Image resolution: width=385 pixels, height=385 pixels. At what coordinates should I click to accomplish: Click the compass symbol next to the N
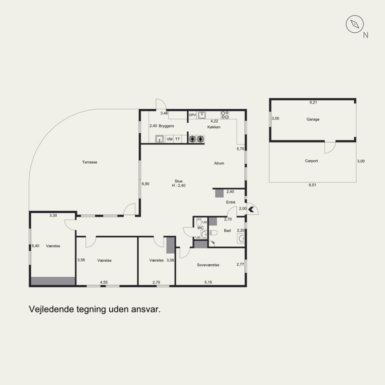pyautogui.click(x=355, y=24)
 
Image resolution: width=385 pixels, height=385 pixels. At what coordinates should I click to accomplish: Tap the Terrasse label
pyautogui.click(x=90, y=162)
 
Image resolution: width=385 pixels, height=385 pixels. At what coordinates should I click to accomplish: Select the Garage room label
pyautogui.click(x=313, y=119)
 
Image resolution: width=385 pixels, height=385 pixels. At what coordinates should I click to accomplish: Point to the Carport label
pyautogui.click(x=311, y=161)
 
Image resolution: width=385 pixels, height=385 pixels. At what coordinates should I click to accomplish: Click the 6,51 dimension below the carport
pyautogui.click(x=312, y=185)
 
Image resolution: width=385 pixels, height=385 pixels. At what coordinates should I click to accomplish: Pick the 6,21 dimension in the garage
pyautogui.click(x=313, y=103)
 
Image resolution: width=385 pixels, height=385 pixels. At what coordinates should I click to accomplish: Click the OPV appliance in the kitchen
pyautogui.click(x=192, y=115)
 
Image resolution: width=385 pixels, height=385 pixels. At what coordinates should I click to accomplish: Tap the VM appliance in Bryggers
pyautogui.click(x=169, y=139)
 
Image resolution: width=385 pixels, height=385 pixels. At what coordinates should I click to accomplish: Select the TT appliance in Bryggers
pyautogui.click(x=178, y=139)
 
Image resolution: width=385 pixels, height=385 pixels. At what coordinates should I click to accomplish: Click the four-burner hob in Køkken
pyautogui.click(x=225, y=115)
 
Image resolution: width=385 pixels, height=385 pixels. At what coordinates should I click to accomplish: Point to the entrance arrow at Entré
pyautogui.click(x=251, y=209)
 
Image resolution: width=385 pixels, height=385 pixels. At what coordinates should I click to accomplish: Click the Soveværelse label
pyautogui.click(x=208, y=265)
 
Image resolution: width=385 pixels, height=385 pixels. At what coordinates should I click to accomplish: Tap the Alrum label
pyautogui.click(x=219, y=163)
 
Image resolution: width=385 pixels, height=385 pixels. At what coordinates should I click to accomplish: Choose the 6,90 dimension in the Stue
pyautogui.click(x=145, y=184)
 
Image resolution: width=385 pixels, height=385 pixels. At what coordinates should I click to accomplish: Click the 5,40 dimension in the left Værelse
pyautogui.click(x=35, y=246)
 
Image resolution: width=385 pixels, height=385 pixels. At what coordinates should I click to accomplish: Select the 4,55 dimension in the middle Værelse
pyautogui.click(x=103, y=282)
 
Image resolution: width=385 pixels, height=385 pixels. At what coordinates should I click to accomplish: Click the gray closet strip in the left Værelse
pyautogui.click(x=53, y=281)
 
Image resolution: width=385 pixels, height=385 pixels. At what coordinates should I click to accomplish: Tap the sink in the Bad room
pyautogui.click(x=241, y=238)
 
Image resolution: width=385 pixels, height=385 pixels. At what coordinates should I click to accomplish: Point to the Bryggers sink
pyautogui.click(x=160, y=139)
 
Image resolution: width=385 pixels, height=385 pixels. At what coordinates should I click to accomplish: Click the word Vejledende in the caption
pyautogui.click(x=51, y=309)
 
